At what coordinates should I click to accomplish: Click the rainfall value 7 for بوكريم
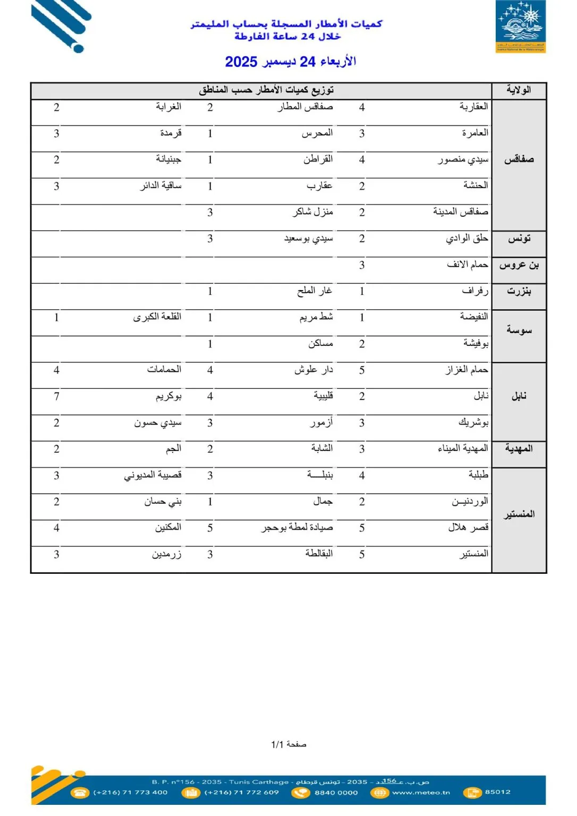56,396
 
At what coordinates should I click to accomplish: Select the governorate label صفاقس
519,159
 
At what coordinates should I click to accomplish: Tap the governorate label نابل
519,396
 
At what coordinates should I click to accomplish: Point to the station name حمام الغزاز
466,370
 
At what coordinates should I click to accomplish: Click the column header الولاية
519,90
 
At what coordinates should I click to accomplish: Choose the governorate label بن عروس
519,265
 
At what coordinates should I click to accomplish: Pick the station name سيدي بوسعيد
308,239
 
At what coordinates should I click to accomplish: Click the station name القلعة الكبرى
157,317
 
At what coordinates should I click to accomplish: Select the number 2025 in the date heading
241,62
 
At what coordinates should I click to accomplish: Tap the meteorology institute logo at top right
520,27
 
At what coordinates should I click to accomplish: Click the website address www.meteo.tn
421,793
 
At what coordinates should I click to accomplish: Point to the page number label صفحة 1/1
288,744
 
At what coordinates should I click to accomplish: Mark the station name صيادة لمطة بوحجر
297,528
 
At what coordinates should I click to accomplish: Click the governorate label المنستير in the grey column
519,514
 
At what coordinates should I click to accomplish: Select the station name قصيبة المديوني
152,475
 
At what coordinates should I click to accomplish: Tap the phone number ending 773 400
130,793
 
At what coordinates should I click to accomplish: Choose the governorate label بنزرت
519,291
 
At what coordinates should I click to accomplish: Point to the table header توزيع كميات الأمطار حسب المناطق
266,90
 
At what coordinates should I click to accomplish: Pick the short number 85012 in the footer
497,792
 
